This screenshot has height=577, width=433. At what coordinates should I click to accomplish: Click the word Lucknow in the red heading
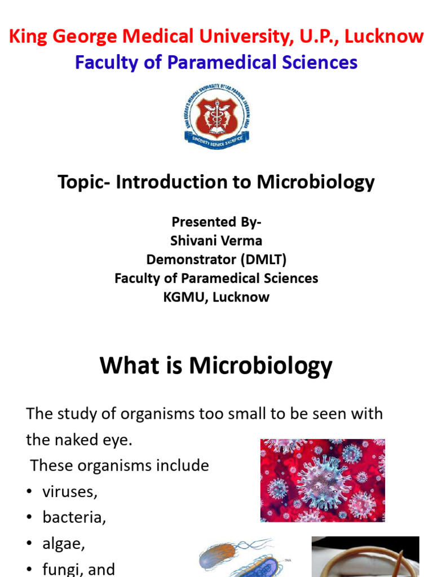point(384,37)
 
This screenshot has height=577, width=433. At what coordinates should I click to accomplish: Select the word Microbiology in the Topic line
point(316,182)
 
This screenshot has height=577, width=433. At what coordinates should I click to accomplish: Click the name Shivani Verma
point(216,241)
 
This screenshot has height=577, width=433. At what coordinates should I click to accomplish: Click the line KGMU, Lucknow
point(216,297)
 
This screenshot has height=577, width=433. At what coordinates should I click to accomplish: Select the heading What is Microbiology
point(216,366)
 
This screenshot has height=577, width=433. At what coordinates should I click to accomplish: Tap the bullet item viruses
point(69,491)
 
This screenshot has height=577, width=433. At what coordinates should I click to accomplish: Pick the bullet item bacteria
point(74,517)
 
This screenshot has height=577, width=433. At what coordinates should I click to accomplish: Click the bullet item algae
point(63,543)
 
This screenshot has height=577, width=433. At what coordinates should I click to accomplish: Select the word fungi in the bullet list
point(59,569)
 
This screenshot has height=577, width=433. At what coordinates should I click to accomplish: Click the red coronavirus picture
point(322,480)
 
